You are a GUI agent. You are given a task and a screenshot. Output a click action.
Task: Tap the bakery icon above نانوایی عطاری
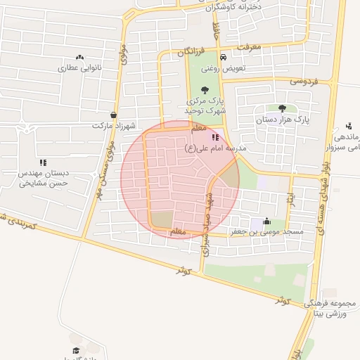(x=79, y=58)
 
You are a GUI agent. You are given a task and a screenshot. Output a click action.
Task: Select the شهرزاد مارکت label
(x=112, y=125)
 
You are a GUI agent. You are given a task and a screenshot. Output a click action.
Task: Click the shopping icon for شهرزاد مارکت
(x=113, y=115)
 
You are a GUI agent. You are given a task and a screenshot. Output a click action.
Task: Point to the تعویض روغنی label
(x=223, y=69)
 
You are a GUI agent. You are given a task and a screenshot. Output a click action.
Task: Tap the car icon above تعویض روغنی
(x=223, y=58)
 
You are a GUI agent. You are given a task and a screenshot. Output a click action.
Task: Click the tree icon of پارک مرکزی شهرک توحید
(x=205, y=89)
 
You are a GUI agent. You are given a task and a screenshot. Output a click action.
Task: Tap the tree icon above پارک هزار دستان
(x=282, y=108)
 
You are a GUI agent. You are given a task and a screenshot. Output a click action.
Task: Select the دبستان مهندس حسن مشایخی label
(x=42, y=178)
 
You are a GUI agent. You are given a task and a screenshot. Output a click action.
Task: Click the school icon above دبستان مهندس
(x=43, y=162)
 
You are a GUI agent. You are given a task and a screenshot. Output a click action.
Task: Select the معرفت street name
(x=249, y=47)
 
